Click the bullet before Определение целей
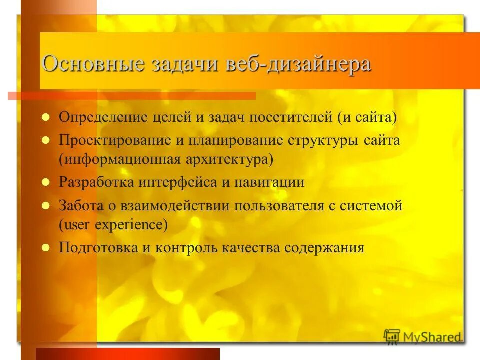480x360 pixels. (45, 118)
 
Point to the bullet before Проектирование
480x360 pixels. (45, 141)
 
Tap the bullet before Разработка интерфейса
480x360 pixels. (45, 183)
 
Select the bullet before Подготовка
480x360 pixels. (45, 248)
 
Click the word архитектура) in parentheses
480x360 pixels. (236, 160)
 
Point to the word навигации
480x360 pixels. (270, 182)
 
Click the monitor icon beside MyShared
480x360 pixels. (392, 336)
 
